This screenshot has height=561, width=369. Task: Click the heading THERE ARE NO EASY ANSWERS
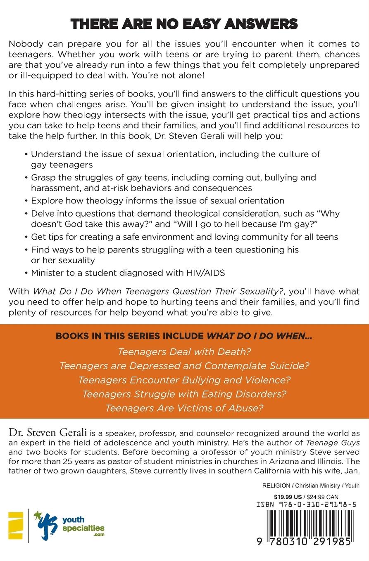[x=184, y=24]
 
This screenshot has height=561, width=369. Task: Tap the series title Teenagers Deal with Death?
[x=184, y=352]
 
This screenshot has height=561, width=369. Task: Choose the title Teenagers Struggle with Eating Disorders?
[x=184, y=394]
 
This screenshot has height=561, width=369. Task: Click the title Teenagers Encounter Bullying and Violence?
[x=184, y=379]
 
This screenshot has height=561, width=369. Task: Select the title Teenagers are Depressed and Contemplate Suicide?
[x=184, y=365]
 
